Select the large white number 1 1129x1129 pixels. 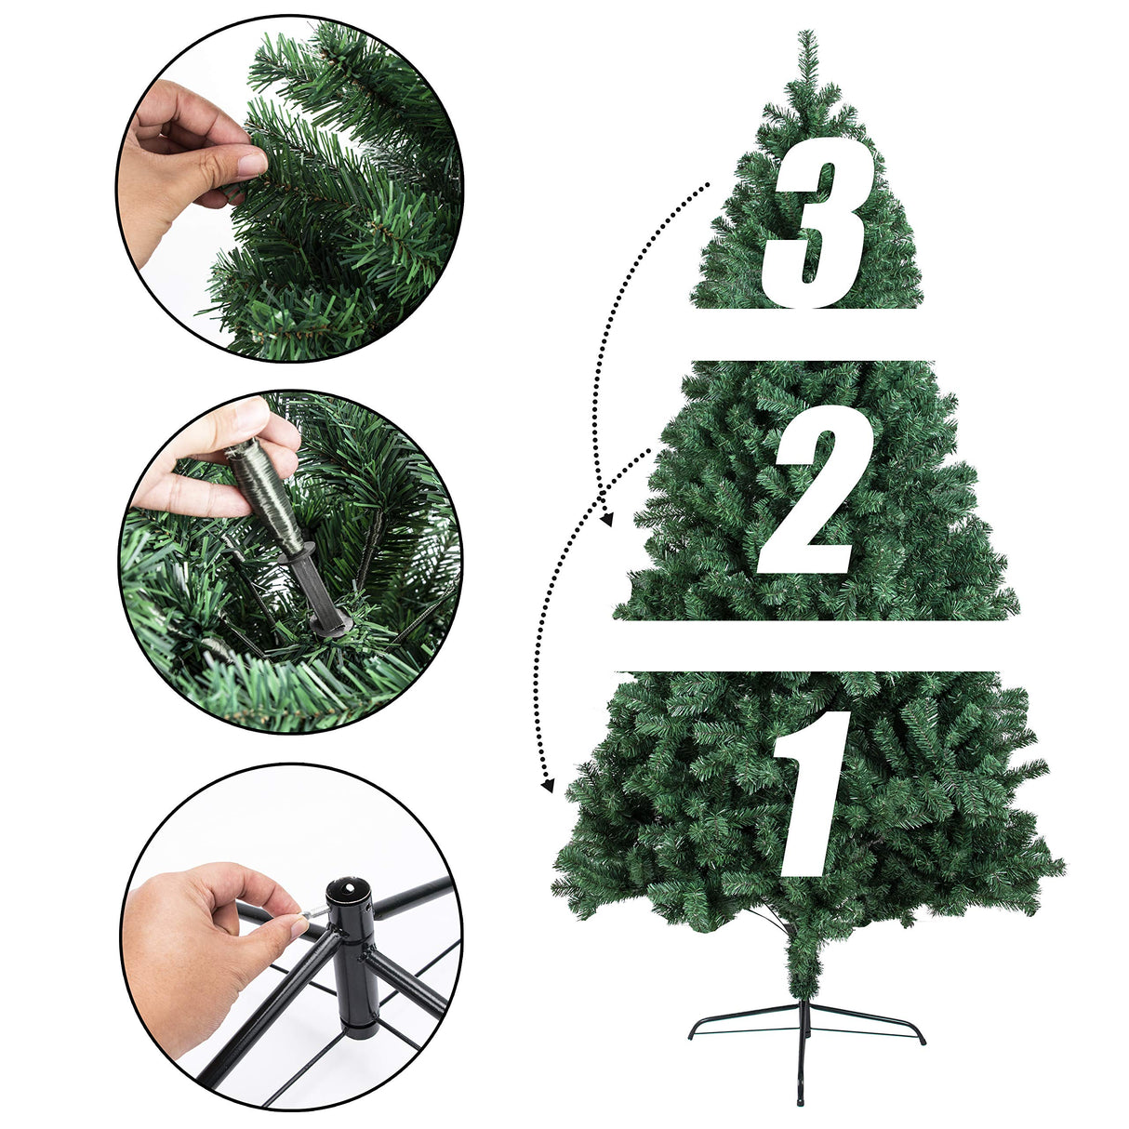(x=811, y=790)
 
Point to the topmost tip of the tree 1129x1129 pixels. (x=806, y=33)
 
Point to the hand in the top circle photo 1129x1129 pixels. (x=186, y=158)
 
